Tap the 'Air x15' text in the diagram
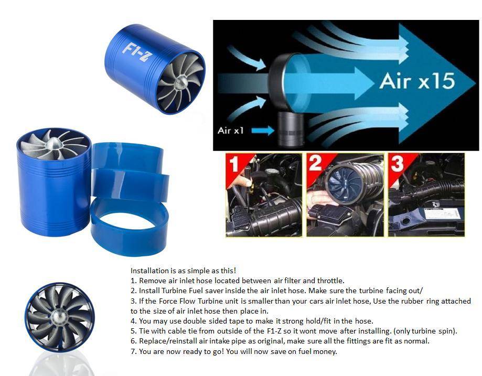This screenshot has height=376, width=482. [x=417, y=81]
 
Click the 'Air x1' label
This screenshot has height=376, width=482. [x=231, y=131]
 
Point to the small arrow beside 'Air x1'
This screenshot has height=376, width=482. [x=263, y=131]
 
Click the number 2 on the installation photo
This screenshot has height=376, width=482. [x=315, y=163]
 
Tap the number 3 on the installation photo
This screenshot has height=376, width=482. [x=397, y=163]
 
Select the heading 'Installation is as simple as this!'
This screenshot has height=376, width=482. [x=183, y=271]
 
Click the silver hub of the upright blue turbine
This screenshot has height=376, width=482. [x=53, y=143]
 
